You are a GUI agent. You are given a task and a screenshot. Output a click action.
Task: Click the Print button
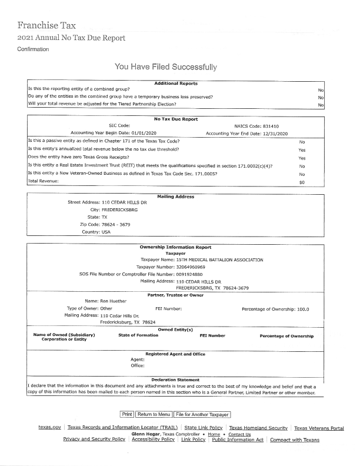127,414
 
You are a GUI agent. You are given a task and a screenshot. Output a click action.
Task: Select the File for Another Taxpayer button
202,414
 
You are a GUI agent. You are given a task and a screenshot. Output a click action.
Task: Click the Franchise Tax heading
46,25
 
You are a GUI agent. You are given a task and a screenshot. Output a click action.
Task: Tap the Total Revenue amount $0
302,182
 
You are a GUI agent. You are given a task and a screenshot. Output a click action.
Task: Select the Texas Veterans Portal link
319,428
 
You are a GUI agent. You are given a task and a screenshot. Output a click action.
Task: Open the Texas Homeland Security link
258,428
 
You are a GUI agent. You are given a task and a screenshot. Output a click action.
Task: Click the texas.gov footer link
50,428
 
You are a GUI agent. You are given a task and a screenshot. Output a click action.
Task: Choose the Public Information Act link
237,440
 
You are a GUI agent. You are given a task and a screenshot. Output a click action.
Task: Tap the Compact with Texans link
294,440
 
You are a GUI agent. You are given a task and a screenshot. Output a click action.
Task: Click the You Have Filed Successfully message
166,67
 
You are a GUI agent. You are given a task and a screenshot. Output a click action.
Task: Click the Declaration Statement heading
175,380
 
